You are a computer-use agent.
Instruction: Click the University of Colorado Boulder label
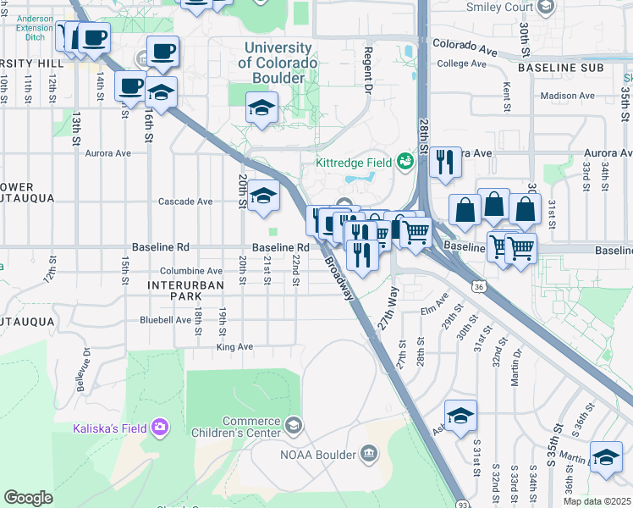click(278, 63)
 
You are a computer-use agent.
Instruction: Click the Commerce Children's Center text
click(250, 428)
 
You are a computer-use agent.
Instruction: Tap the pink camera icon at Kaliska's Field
click(160, 428)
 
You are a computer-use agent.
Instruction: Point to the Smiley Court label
click(501, 7)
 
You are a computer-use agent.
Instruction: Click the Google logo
click(28, 498)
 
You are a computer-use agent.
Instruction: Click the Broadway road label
click(339, 276)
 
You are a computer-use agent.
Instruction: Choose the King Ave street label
click(234, 347)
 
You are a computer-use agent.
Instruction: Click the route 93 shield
click(461, 502)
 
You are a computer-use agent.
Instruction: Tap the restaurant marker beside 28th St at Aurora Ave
click(445, 161)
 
